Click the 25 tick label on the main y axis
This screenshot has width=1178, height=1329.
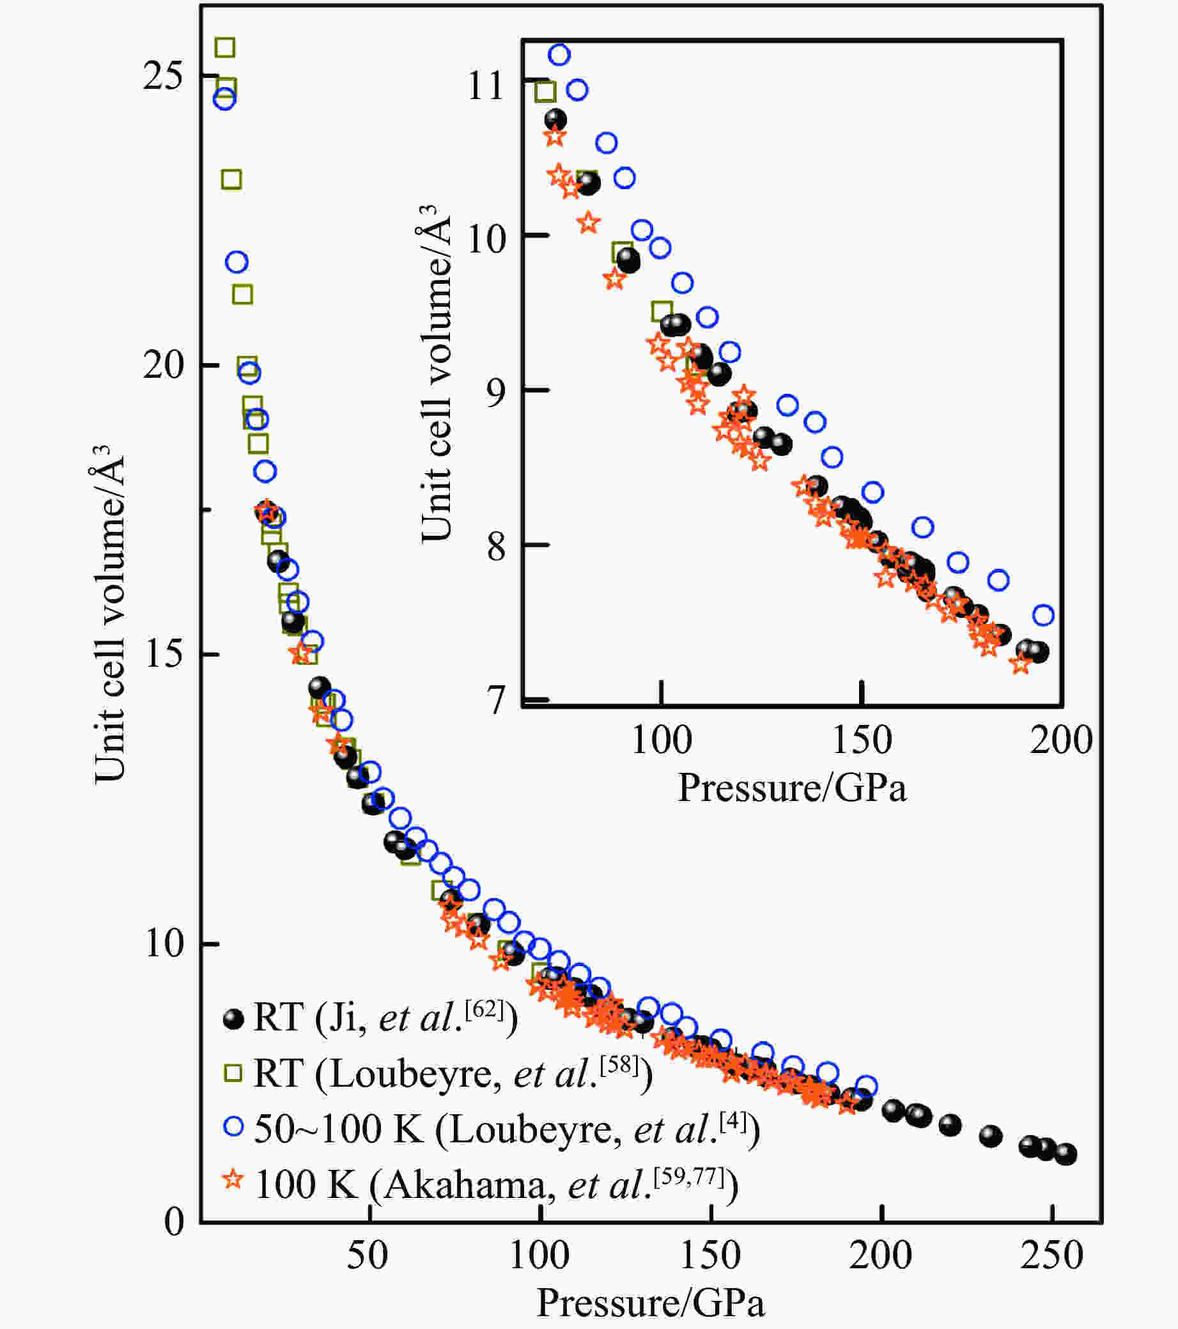tap(163, 77)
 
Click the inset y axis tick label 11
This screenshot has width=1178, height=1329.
tap(486, 84)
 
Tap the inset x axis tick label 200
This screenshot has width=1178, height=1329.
tap(1060, 740)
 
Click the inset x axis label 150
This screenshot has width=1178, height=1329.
tap(862, 740)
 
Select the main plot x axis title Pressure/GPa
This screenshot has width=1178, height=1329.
tap(650, 1302)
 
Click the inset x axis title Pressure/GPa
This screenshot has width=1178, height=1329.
tap(792, 788)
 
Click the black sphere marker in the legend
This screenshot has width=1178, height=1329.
tap(233, 1018)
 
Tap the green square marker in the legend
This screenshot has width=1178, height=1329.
tap(233, 1073)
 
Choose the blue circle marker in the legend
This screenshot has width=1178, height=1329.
tap(233, 1126)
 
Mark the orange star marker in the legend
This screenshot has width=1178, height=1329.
tap(233, 1179)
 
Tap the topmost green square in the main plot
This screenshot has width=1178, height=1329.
tap(225, 47)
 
